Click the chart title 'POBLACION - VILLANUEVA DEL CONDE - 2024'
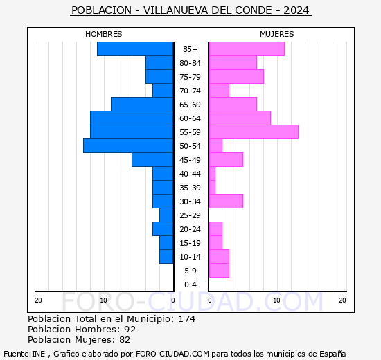click(x=190, y=10)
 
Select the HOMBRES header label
click(x=104, y=34)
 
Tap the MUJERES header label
click(x=276, y=34)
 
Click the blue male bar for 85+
click(x=135, y=48)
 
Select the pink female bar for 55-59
click(x=254, y=132)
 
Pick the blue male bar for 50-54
click(x=128, y=145)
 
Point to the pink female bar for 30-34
click(x=226, y=201)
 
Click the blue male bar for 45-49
click(x=152, y=159)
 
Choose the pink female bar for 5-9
click(x=219, y=270)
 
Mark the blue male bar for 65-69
click(x=142, y=104)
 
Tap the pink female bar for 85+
click(x=247, y=48)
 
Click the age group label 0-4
click(x=190, y=285)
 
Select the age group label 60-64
click(x=190, y=118)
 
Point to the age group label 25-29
click(x=190, y=215)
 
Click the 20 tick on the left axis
click(x=39, y=300)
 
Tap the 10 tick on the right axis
click(x=276, y=300)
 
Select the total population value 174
click(x=186, y=319)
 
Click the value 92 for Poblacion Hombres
click(x=130, y=330)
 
